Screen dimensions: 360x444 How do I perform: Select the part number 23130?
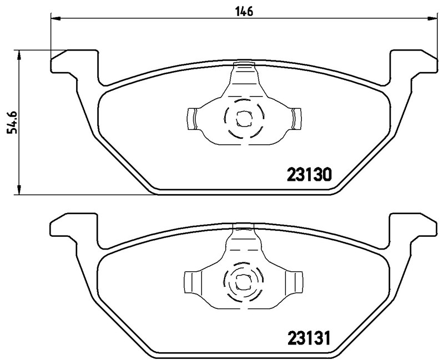coord(309,175)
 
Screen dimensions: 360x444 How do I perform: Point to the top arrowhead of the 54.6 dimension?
coord(20,54)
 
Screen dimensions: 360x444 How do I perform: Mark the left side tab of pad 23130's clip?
coord(191,118)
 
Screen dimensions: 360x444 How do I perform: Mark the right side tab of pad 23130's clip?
coord(295,118)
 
